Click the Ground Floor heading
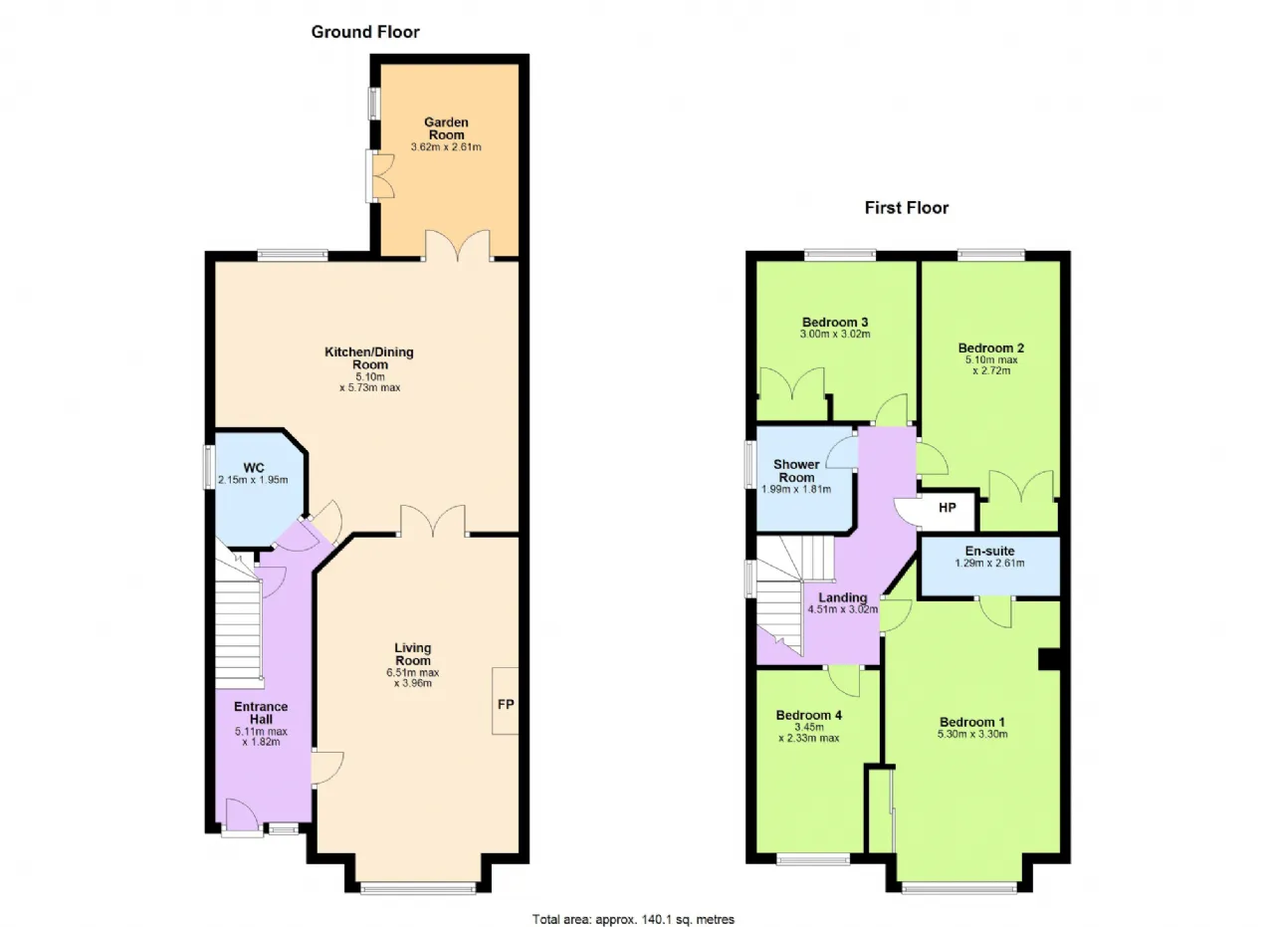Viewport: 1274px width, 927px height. point(365,32)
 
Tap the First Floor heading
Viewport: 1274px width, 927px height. point(907,208)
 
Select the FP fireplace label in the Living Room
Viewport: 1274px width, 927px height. point(506,705)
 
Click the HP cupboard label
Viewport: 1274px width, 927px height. point(947,507)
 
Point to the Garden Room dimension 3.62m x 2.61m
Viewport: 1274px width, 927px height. point(446,146)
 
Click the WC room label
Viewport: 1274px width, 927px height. point(254,468)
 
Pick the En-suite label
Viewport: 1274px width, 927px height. point(989,551)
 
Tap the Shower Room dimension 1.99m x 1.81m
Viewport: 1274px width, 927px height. point(796,490)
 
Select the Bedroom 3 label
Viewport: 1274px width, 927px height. point(835,322)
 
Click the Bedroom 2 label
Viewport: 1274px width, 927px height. point(991,348)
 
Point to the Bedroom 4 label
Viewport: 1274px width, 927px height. point(809,715)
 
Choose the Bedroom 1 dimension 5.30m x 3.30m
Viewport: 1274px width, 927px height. point(972,734)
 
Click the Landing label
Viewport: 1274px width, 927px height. point(842,597)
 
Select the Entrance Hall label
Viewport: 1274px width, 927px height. point(261,713)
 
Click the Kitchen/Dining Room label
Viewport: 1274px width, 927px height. point(369,357)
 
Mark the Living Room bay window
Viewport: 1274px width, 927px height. point(418,888)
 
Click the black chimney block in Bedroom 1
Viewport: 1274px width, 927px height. point(1049,659)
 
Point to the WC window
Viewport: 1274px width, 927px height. point(209,467)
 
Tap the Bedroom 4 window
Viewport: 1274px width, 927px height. point(813,859)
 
